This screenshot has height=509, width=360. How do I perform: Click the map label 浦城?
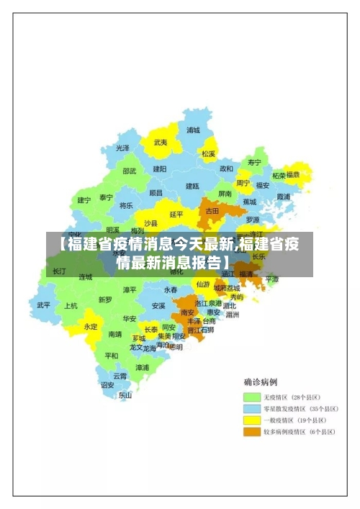pos(193,130)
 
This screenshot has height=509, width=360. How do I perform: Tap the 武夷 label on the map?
pos(160,143)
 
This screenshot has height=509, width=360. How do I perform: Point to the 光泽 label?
pos(123,148)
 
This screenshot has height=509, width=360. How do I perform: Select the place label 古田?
pos(212,211)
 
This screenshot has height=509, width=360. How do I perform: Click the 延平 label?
pos(176,214)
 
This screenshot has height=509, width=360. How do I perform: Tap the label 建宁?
pos(84,200)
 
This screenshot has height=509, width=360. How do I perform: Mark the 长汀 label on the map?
pos(59,271)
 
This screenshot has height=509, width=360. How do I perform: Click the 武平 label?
pos(44,305)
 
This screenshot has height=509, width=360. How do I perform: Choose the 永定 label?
pos(91,326)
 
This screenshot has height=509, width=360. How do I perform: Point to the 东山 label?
pos(125,395)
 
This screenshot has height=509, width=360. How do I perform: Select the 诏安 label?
pos(107,385)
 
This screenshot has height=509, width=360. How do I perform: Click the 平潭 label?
pos(271,279)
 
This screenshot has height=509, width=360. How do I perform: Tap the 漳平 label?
pos(130,289)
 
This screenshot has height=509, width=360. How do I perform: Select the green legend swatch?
pos(251,397)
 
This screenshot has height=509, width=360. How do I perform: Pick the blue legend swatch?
pos(251,408)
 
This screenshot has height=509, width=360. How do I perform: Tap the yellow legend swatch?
pos(251,420)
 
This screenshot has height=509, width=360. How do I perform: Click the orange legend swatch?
pos(251,432)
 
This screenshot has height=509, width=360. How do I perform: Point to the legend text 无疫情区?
pos(279,397)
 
